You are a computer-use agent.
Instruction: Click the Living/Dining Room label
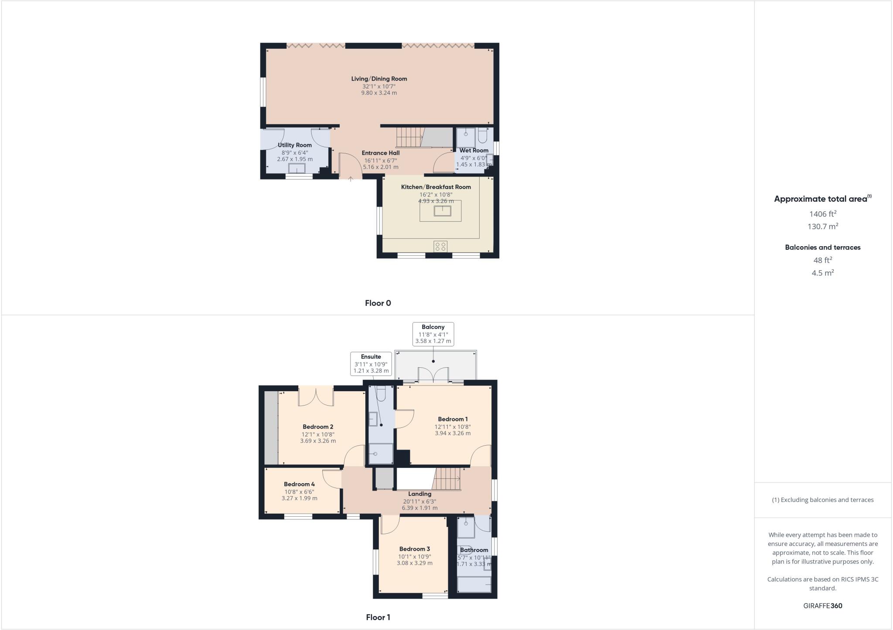(x=379, y=79)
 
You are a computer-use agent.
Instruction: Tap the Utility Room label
(x=295, y=145)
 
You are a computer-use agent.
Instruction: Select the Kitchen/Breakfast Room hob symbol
(x=440, y=247)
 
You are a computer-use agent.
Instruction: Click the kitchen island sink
(x=442, y=211)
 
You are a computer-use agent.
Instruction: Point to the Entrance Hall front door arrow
(x=351, y=179)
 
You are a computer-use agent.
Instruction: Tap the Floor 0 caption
(x=378, y=303)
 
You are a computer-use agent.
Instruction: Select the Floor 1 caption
(x=378, y=617)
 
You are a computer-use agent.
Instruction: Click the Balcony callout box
(x=433, y=334)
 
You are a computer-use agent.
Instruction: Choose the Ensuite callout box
(x=371, y=364)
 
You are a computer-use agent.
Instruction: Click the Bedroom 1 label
(x=453, y=419)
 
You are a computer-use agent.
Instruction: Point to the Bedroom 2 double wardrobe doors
(x=316, y=396)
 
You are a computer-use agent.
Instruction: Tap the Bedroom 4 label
(x=299, y=484)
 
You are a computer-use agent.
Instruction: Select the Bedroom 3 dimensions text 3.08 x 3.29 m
(x=414, y=563)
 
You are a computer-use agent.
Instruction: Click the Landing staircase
(x=447, y=479)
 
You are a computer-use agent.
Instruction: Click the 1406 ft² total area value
(x=822, y=214)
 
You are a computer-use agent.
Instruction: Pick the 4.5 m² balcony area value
(x=822, y=273)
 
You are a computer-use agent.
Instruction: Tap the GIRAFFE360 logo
(x=822, y=606)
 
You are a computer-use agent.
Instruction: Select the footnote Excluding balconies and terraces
(x=822, y=500)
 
